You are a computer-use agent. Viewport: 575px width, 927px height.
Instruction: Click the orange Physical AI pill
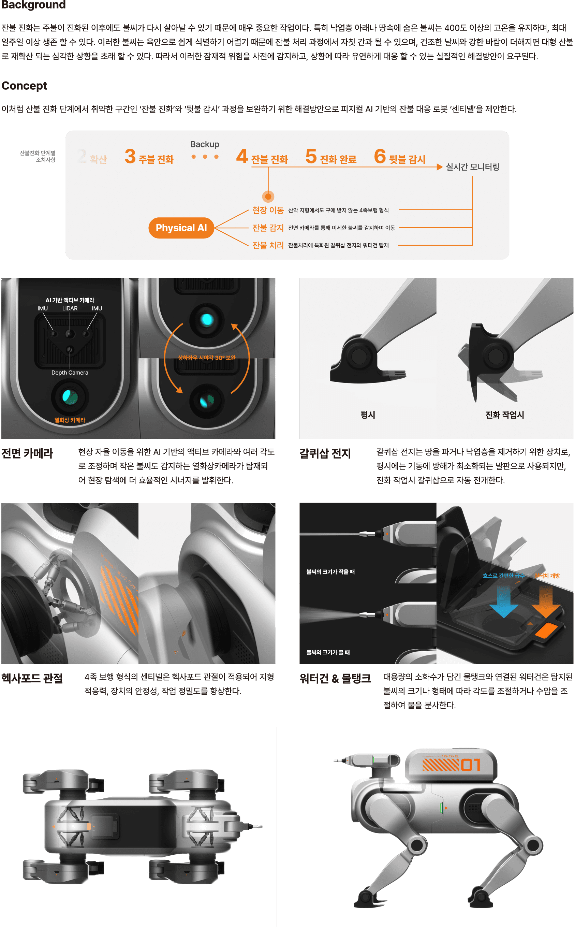[181, 228]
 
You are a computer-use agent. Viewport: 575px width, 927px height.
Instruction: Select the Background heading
[33, 4]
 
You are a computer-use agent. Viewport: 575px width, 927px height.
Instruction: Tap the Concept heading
[24, 86]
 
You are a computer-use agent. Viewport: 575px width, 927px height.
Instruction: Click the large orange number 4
[242, 156]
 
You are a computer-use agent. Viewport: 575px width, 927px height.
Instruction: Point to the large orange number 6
[380, 156]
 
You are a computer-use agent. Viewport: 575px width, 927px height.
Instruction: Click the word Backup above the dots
[205, 144]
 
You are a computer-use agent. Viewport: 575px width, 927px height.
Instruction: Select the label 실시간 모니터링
[472, 166]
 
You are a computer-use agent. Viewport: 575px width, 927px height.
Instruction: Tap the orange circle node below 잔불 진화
[268, 196]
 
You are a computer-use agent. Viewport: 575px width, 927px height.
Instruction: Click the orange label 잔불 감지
[268, 228]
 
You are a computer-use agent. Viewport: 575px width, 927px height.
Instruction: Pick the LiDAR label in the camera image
[70, 308]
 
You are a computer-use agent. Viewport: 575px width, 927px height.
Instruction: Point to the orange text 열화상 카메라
[70, 420]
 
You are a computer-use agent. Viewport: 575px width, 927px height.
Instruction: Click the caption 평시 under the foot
[368, 415]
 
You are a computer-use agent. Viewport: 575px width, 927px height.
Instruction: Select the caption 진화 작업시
[505, 415]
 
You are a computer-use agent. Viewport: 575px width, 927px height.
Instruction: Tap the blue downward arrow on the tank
[503, 601]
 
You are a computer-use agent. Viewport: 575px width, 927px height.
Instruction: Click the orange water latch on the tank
[546, 630]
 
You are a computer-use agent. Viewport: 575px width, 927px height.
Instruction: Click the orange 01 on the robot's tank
[471, 765]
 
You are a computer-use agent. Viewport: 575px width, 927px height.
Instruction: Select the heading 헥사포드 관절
[32, 678]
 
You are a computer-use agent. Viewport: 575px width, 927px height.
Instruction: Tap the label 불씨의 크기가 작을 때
[330, 571]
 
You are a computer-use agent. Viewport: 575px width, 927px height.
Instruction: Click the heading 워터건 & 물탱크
[335, 678]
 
